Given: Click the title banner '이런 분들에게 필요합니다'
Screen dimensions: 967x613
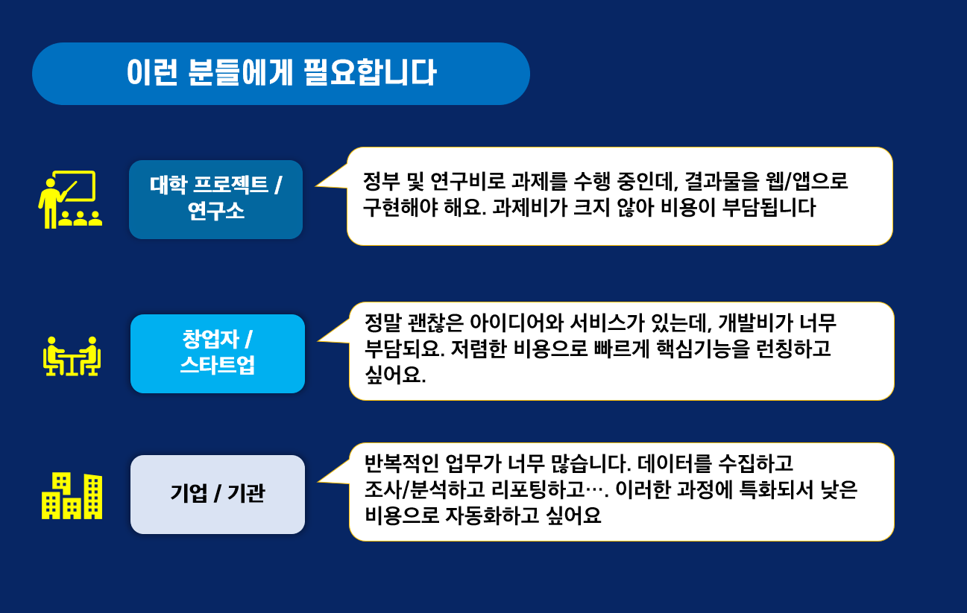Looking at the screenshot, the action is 281,74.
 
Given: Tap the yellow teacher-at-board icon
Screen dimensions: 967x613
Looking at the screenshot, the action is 70,200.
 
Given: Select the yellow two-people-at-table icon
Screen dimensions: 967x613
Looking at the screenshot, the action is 72,356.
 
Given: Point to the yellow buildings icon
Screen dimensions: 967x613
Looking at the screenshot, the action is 72,495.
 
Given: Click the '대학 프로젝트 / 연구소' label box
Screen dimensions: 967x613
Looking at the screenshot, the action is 216,200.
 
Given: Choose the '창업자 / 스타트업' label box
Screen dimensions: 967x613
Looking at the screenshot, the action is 218,354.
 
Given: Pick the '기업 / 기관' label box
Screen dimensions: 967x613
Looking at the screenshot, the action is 218,495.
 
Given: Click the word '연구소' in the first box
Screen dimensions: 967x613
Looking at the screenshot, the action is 216,211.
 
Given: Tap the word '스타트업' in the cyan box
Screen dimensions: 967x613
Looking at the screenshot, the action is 218,366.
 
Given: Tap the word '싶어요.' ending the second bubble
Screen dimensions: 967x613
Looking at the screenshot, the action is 395,375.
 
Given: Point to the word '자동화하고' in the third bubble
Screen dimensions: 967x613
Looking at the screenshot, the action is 492,515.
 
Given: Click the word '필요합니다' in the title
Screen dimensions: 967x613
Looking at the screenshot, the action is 371,72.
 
